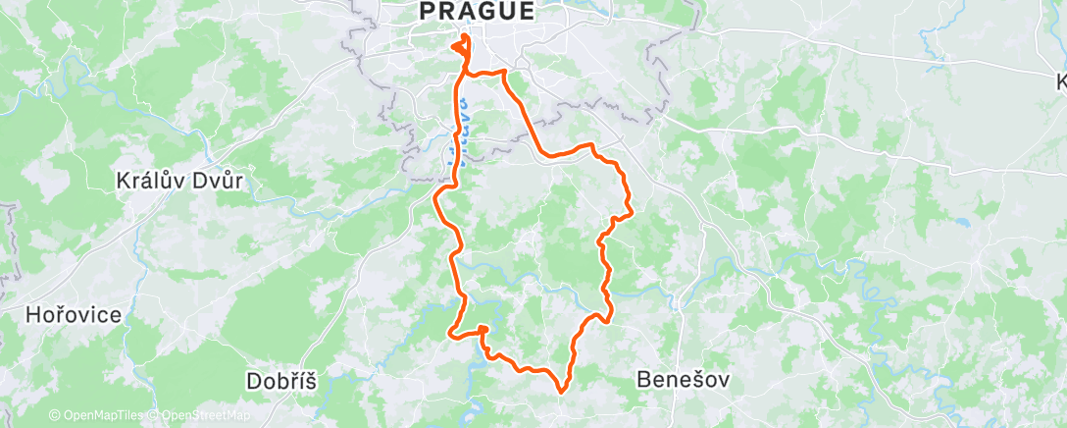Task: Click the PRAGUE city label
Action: coord(477,12)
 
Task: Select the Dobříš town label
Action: coord(281,382)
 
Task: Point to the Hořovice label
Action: coord(75,315)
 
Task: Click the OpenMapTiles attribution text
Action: coord(103,415)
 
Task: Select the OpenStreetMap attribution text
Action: coord(206,415)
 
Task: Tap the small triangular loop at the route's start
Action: coord(459,46)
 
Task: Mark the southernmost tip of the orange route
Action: coord(561,392)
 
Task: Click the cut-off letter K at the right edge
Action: coord(1061,82)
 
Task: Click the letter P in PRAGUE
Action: coord(427,12)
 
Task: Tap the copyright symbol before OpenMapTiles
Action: coord(54,415)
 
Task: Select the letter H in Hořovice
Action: coord(33,315)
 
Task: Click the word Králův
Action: coord(146,182)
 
